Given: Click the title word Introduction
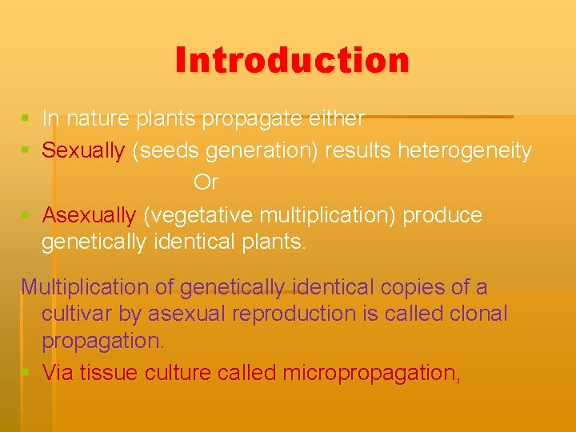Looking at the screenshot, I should pos(292,60).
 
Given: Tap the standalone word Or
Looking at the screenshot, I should pos(206,183).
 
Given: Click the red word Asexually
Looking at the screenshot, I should pos(89,216).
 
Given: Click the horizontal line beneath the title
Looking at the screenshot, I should pos(440,117).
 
